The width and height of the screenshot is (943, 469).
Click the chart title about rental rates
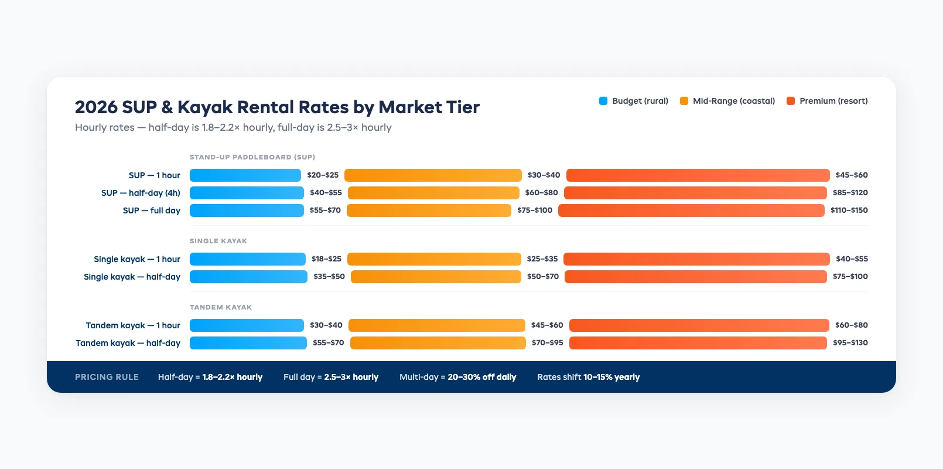277,107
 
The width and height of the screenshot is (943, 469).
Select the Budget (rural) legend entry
634,101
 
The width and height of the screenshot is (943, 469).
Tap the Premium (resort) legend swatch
791,101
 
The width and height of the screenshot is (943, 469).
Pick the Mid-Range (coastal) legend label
733,101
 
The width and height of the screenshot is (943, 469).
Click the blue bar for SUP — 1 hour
245,175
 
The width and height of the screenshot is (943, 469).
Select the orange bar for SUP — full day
429,210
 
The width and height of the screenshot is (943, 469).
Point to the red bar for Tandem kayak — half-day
698,343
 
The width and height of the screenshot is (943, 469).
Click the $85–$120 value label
850,193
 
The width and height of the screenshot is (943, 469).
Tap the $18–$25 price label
326,259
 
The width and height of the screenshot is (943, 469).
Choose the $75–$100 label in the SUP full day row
534,210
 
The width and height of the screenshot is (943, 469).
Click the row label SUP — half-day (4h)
141,193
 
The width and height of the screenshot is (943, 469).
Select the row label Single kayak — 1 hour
137,259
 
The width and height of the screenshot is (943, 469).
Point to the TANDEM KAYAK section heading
221,307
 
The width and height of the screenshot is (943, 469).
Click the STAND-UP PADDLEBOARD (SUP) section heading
252,157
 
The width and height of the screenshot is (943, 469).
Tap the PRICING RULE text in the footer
107,377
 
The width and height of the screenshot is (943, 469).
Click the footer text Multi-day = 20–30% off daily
457,377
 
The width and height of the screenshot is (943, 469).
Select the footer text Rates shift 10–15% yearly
588,377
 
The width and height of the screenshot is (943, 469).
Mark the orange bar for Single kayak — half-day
436,277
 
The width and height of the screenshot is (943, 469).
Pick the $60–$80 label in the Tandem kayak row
851,325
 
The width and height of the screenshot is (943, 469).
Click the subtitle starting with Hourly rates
233,128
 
